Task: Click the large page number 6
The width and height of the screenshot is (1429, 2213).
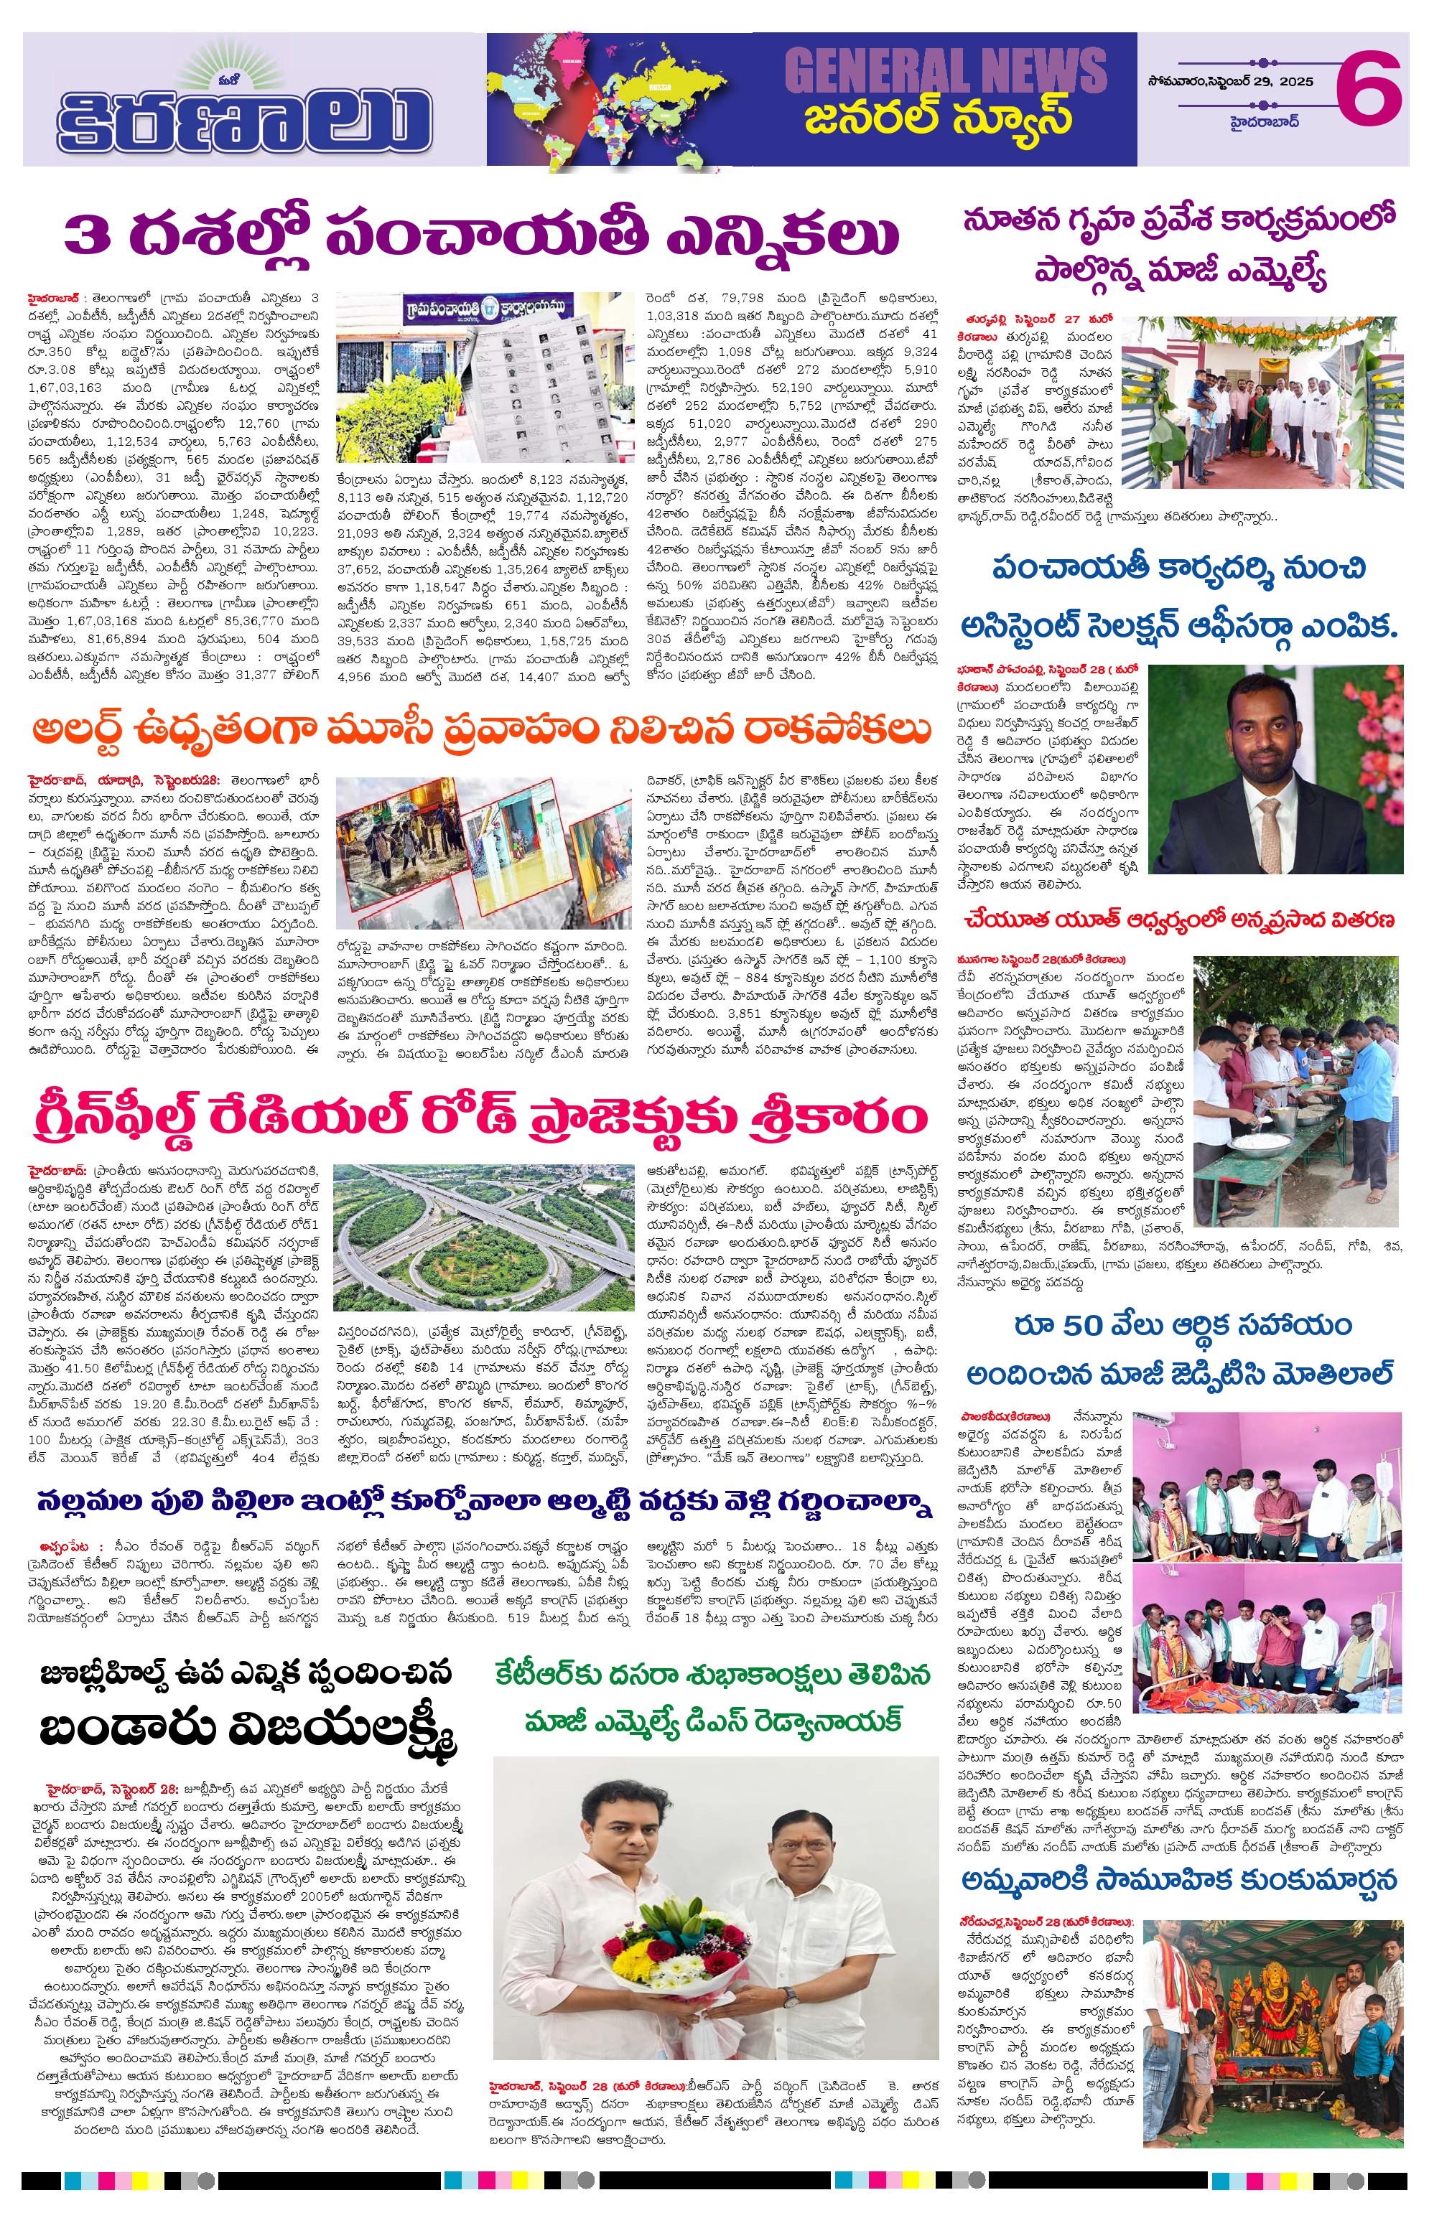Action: [1369, 88]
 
